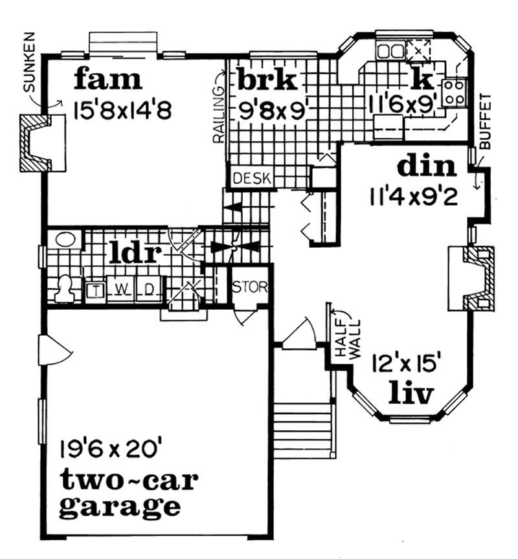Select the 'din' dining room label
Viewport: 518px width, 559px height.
pyautogui.click(x=427, y=166)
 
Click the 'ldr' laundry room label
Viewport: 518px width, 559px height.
pyautogui.click(x=135, y=252)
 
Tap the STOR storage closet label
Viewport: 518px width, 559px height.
pyautogui.click(x=250, y=287)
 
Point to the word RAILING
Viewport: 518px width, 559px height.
pyautogui.click(x=219, y=114)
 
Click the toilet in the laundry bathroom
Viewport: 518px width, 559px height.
pyautogui.click(x=64, y=288)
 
